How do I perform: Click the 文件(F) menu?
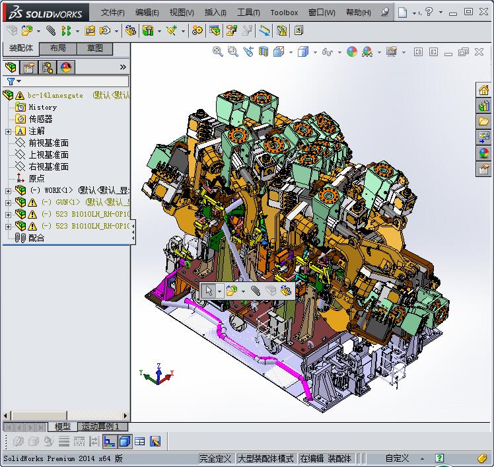pos(112,13)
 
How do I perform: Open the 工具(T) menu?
pos(248,13)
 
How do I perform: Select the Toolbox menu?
pos(284,13)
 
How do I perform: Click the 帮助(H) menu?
pos(359,13)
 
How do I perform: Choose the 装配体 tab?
pos(21,48)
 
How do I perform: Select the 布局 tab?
pos(57,48)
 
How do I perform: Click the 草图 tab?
pos(94,48)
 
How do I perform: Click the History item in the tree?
pos(42,107)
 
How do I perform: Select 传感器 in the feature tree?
pos(40,119)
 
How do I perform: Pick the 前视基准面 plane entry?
pos(48,143)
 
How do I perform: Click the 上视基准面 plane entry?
pos(48,155)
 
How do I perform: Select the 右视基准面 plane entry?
pos(48,166)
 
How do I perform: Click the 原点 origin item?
pos(36,178)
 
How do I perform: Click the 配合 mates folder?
pos(36,238)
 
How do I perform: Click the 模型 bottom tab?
pos(62,427)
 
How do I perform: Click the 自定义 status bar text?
pos(397,458)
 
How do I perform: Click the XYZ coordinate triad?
pos(157,375)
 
